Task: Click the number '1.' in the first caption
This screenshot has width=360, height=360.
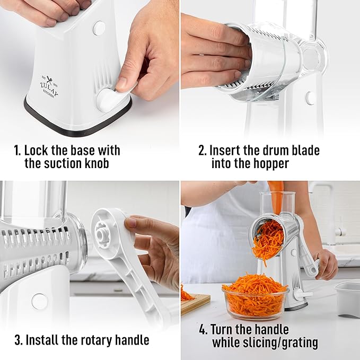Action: (17, 151)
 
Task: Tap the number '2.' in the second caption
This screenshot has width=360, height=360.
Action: (203, 151)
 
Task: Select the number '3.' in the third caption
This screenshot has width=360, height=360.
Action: (18, 340)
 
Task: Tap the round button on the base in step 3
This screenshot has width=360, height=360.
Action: (39, 301)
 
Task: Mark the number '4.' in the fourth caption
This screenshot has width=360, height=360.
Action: (203, 330)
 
